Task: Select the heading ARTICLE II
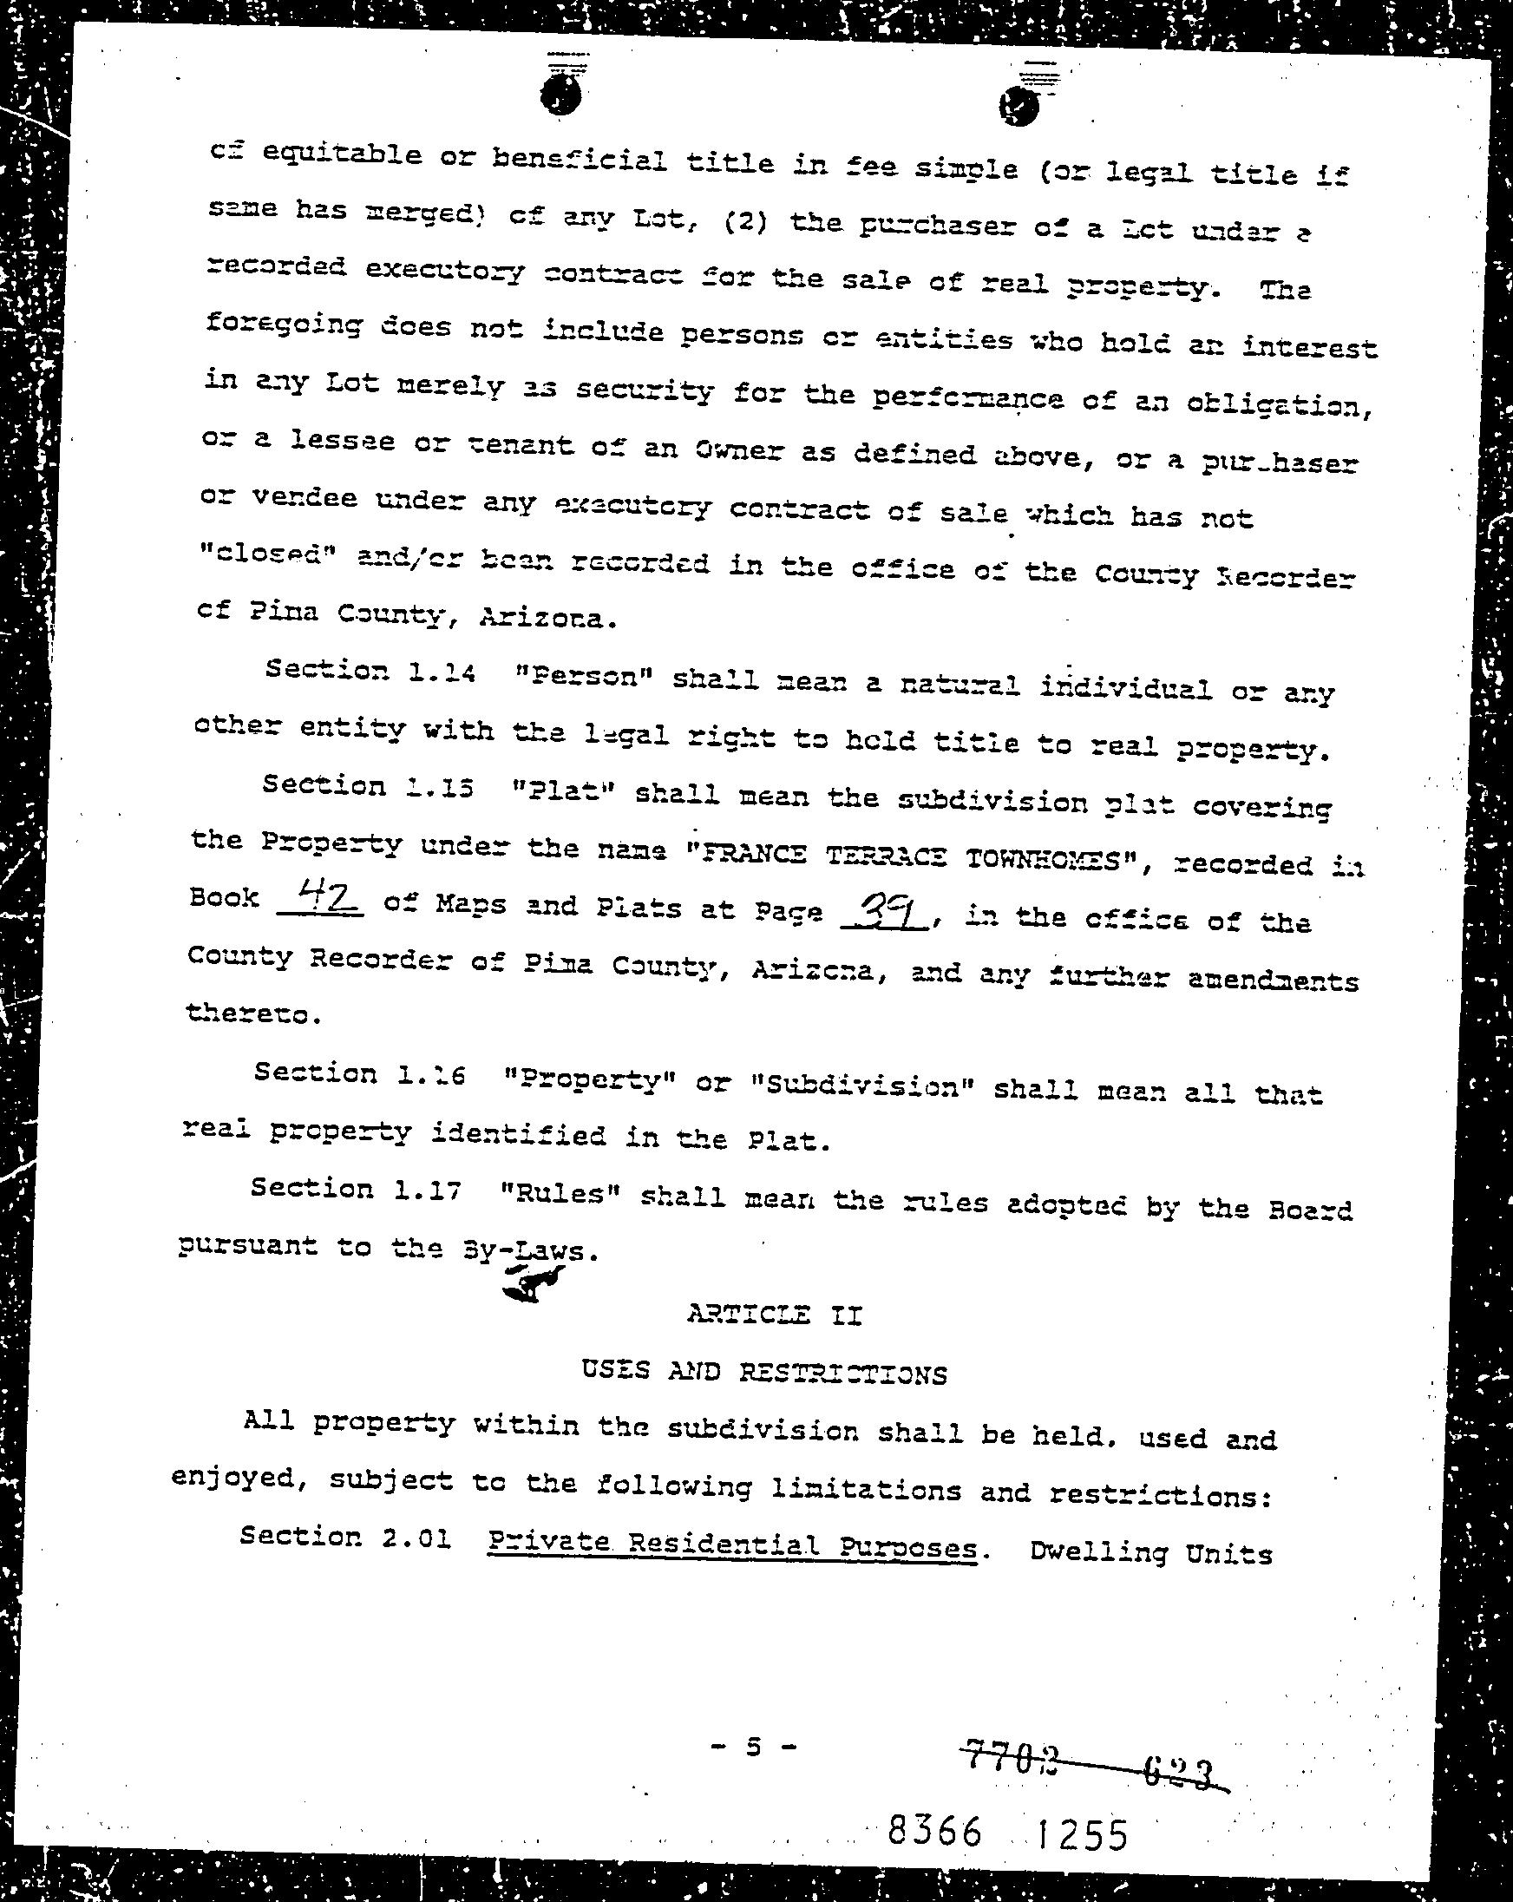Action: tap(774, 1315)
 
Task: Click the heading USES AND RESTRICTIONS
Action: tap(764, 1372)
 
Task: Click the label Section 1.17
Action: tap(356, 1190)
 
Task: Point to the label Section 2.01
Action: tap(345, 1538)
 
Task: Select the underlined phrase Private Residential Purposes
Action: tap(731, 1546)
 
